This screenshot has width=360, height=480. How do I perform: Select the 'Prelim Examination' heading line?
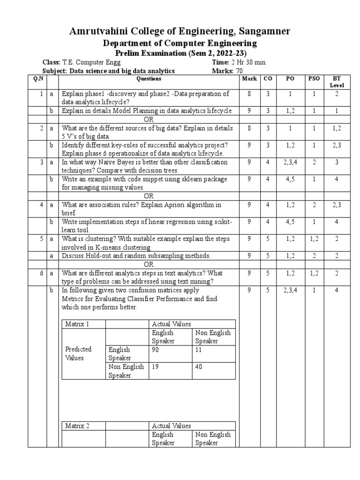[180, 53]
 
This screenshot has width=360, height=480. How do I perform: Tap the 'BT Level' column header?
[337, 82]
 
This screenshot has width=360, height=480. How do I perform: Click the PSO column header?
[313, 79]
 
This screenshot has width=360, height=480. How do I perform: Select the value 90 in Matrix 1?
[156, 350]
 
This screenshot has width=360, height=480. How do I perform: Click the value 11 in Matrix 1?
[199, 350]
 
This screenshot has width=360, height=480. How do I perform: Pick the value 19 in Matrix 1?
[156, 367]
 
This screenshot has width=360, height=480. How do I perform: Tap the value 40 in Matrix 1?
[199, 367]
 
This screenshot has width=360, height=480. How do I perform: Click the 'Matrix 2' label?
[77, 426]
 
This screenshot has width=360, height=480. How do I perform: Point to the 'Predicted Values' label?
[78, 353]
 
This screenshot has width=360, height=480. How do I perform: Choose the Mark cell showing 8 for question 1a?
[249, 94]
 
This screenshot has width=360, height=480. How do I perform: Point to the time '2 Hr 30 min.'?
[248, 62]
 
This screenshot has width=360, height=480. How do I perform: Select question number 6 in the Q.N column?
[42, 273]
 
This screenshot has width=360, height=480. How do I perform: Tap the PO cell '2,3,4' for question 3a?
[291, 162]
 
